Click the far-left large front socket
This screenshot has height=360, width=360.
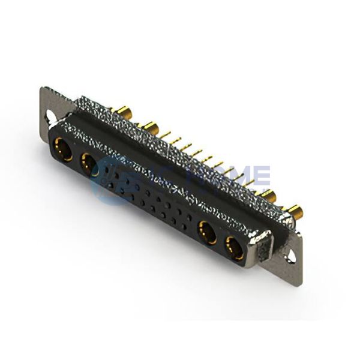[62, 148]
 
